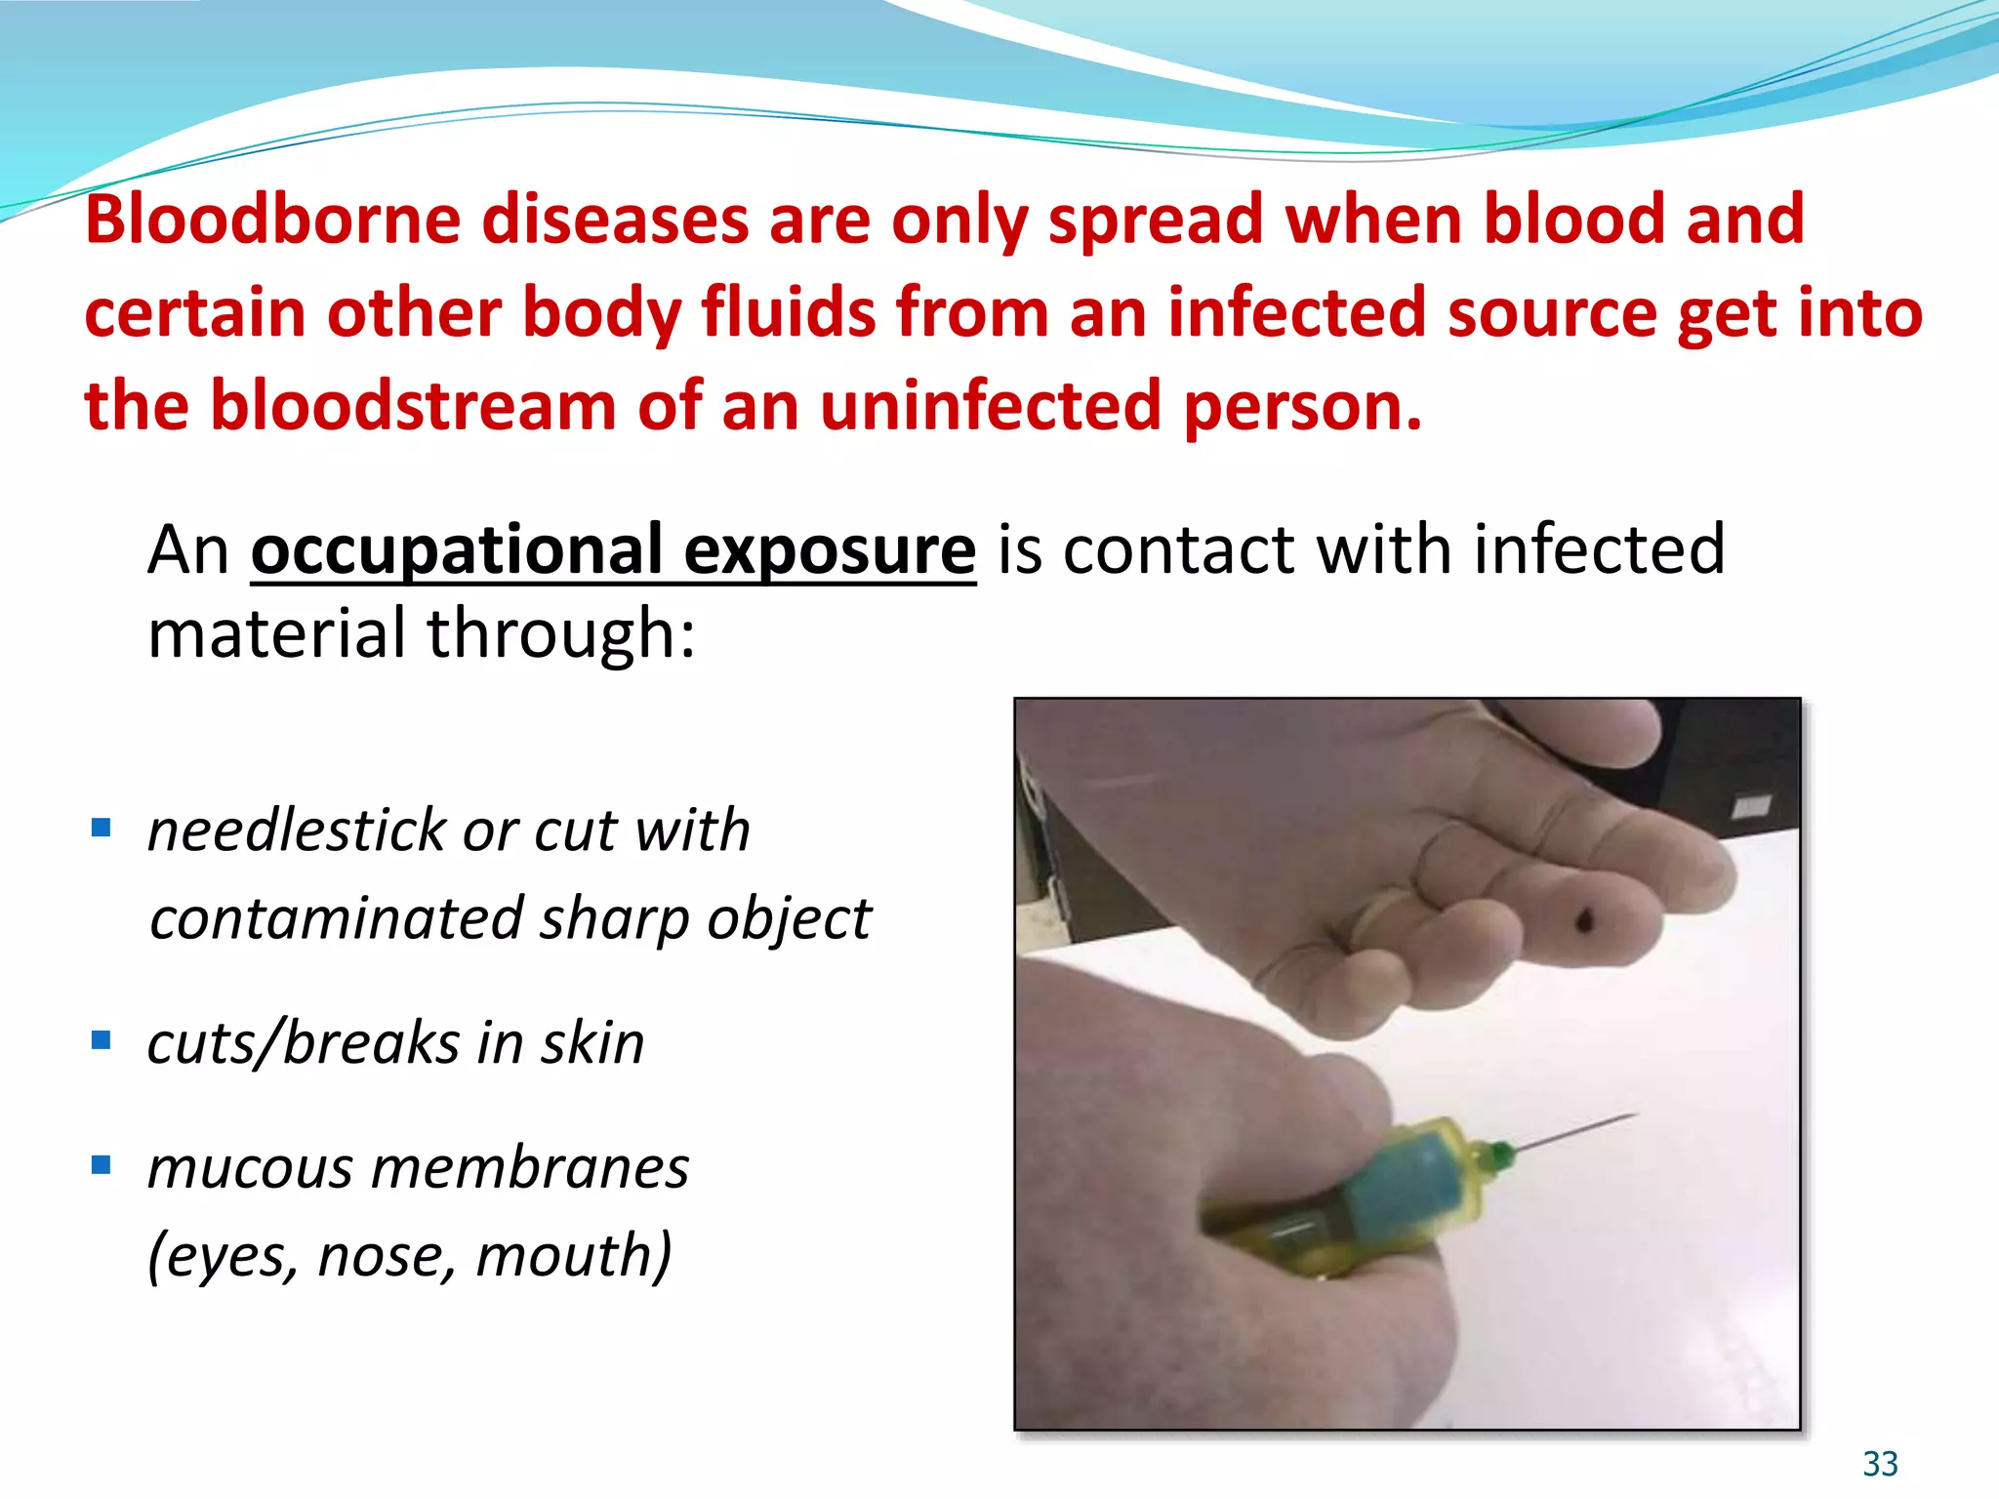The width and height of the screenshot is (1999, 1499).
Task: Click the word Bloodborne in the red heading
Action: point(272,219)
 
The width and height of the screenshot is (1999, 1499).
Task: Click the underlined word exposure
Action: point(830,550)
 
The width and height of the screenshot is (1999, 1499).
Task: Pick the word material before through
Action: point(276,634)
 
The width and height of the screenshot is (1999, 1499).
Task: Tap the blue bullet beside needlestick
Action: point(101,829)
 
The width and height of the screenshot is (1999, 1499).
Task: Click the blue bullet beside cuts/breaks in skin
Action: point(101,1040)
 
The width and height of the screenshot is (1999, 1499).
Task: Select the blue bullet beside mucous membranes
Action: point(101,1164)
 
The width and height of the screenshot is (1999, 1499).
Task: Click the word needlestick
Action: point(295,831)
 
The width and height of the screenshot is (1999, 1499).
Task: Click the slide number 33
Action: point(1880,1464)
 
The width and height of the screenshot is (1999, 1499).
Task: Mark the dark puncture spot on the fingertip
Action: point(1583,919)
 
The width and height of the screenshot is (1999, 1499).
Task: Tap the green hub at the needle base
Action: point(1497,1157)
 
